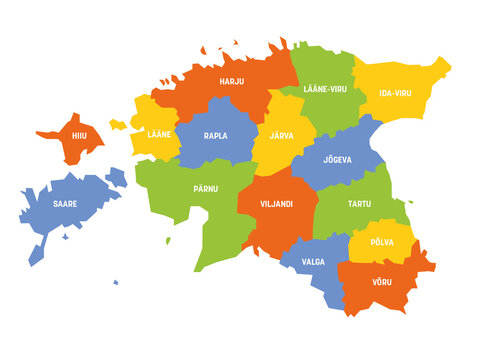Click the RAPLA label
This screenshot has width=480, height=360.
point(215,135)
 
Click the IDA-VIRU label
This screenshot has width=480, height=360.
point(396,93)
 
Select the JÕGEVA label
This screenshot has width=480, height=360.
point(337,159)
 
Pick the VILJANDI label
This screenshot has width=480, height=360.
point(276,204)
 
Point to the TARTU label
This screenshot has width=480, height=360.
point(358,204)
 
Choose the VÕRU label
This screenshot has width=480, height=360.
point(381,281)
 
